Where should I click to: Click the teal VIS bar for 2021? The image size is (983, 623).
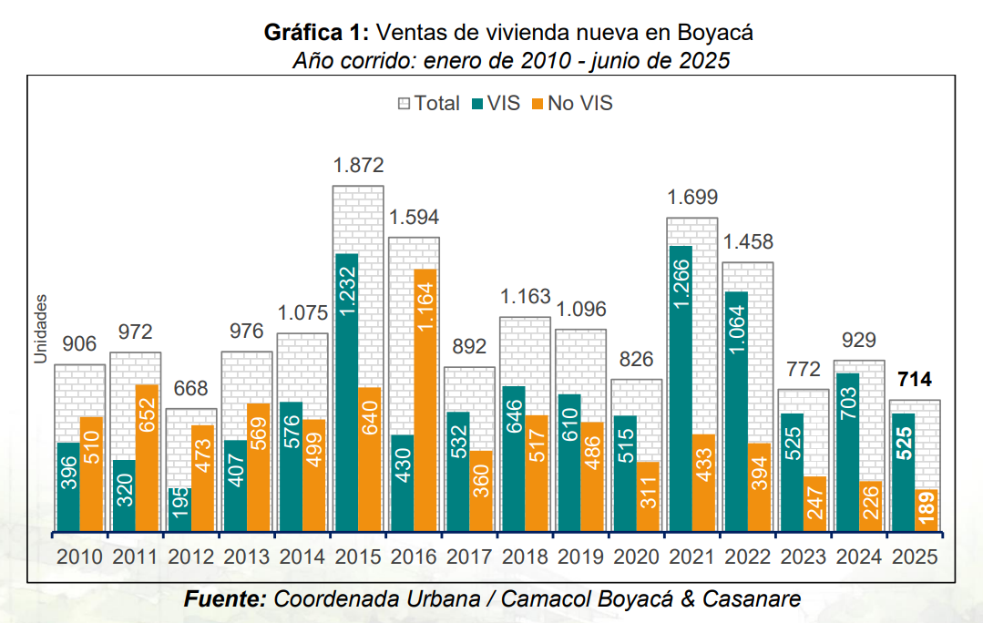click(x=680, y=388)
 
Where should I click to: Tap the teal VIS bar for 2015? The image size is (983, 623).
click(x=346, y=393)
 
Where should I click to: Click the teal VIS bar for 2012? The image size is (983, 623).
click(x=179, y=509)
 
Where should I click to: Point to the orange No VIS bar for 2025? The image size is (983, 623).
click(x=927, y=510)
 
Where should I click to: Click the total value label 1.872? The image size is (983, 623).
click(x=359, y=166)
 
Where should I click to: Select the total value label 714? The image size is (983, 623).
click(x=915, y=380)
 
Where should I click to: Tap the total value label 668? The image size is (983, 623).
click(x=191, y=388)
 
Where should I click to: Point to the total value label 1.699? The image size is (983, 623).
click(x=692, y=198)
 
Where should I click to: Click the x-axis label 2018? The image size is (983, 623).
click(x=525, y=557)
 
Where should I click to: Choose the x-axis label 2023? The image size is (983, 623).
click(x=803, y=557)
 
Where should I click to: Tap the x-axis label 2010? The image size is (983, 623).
click(x=80, y=557)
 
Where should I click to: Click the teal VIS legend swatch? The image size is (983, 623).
click(x=476, y=104)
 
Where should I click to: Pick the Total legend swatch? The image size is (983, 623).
click(x=404, y=104)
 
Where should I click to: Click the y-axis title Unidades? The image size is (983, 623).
click(x=40, y=329)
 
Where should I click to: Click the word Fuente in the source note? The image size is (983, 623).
click(x=224, y=599)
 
